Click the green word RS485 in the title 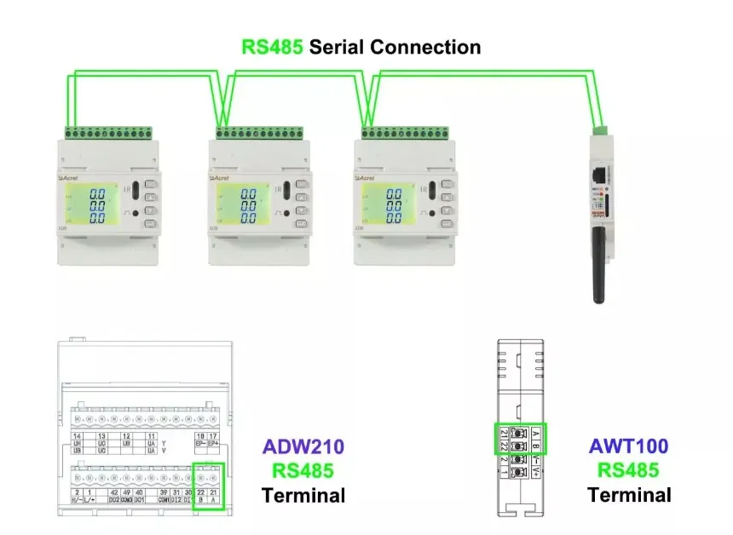click(272, 47)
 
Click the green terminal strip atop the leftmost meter click(108, 134)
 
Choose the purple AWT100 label click(629, 446)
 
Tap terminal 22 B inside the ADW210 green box click(201, 496)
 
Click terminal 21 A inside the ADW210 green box click(215, 496)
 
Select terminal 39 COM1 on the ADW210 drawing click(164, 496)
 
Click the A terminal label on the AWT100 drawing click(534, 433)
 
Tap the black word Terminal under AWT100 click(629, 494)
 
